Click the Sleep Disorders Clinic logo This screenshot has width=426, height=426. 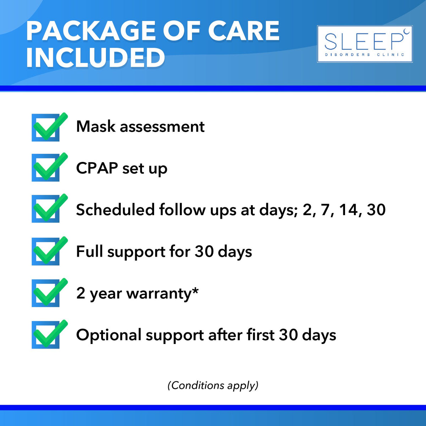(x=365, y=44)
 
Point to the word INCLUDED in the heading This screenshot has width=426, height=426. (x=95, y=58)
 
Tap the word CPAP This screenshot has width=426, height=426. (x=97, y=168)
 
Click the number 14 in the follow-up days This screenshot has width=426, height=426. (x=348, y=209)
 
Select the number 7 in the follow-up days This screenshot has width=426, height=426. (x=325, y=209)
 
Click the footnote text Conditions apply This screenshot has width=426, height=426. (x=213, y=385)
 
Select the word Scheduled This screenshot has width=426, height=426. (x=115, y=209)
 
